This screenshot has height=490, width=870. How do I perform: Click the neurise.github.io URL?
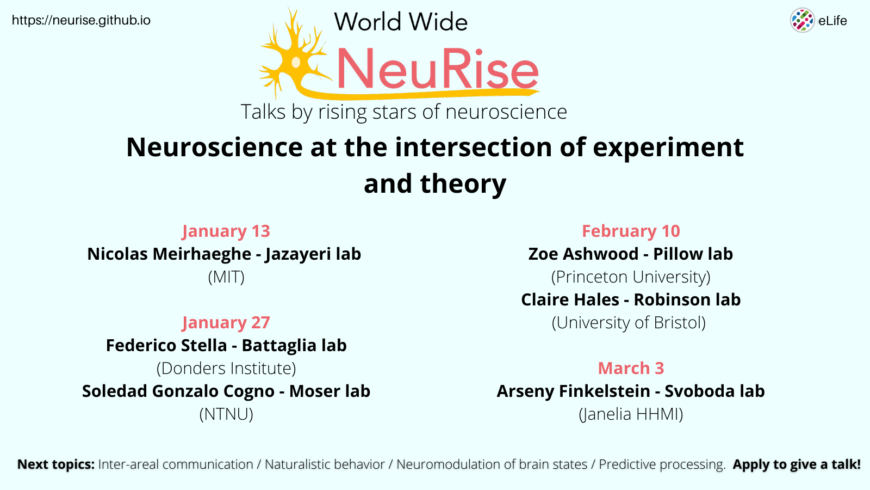tap(81, 21)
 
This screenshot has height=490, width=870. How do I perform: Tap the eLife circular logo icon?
tap(802, 21)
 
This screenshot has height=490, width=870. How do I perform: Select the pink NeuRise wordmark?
tap(438, 70)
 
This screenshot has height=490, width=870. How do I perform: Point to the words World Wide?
tap(401, 22)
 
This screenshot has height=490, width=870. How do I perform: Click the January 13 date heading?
tap(226, 231)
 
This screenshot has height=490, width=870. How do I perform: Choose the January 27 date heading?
tap(226, 323)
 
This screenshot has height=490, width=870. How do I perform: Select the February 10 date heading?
tap(631, 231)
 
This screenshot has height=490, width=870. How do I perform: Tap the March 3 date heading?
tap(631, 369)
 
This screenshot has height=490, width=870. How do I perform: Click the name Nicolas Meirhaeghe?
tap(169, 254)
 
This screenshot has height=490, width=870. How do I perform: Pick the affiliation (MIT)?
tap(226, 277)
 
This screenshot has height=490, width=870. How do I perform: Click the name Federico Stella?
tap(166, 346)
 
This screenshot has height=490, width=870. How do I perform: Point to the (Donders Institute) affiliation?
tap(226, 369)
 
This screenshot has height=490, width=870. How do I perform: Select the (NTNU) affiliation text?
tap(226, 414)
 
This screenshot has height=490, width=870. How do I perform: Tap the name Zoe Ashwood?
tap(583, 254)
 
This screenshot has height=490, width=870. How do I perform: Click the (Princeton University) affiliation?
tap(631, 277)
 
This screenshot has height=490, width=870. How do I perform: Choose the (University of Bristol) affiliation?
tap(629, 323)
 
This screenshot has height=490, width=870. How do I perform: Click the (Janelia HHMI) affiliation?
tap(631, 414)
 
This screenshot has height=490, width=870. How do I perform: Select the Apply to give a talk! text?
tap(797, 464)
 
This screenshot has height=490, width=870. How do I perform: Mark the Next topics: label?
tap(56, 464)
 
